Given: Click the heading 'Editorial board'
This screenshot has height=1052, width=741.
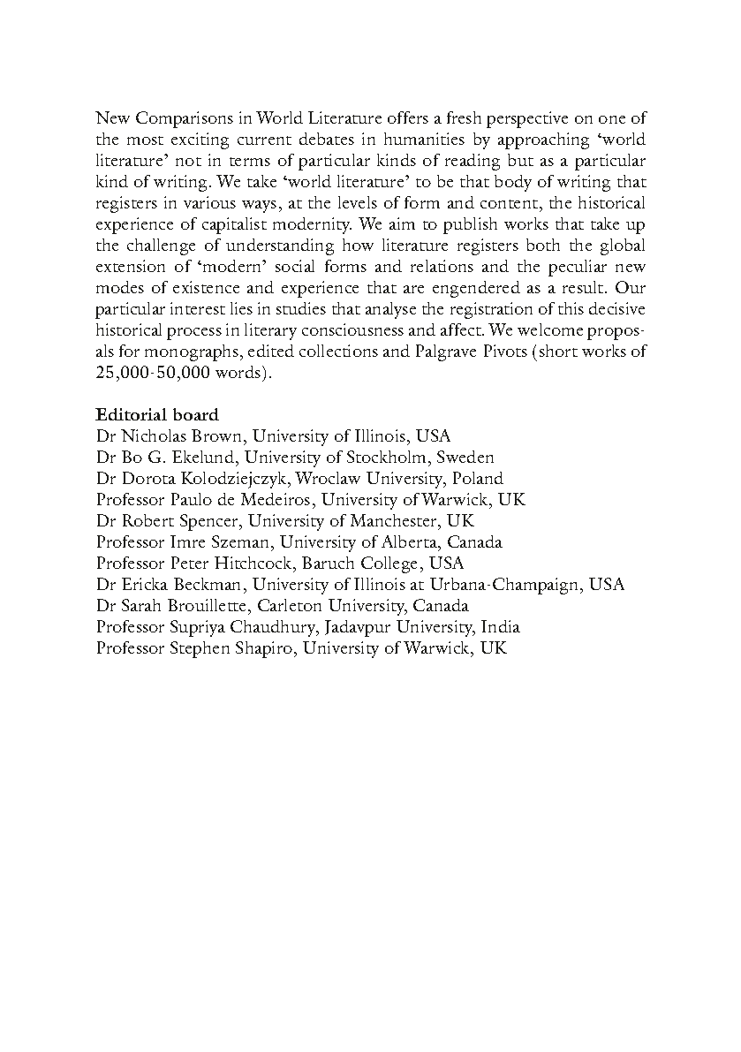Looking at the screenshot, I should pyautogui.click(x=157, y=415).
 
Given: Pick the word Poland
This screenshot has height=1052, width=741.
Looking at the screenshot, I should pyautogui.click(x=477, y=479).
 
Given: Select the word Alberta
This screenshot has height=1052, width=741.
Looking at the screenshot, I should pyautogui.click(x=412, y=542).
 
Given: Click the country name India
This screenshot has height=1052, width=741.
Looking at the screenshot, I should pyautogui.click(x=501, y=627).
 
